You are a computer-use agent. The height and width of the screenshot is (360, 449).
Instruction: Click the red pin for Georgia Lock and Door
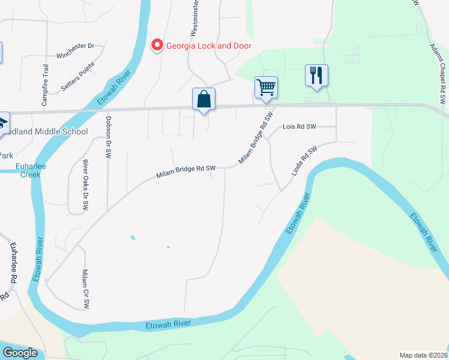pos(157,45)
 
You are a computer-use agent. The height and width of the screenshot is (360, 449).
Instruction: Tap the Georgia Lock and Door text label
pos(209,46)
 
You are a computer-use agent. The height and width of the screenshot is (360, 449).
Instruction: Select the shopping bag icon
pos(203,99)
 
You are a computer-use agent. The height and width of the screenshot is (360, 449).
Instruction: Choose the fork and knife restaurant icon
pos(316,76)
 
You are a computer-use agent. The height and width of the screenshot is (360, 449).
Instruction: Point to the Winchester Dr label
pos(76,50)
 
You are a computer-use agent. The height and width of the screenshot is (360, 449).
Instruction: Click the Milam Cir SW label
pos(85,289)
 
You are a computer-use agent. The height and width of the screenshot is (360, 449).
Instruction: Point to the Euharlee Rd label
pos(11,263)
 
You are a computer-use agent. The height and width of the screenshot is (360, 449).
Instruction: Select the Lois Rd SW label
pos(299,127)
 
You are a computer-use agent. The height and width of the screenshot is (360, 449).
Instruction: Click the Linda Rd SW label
pos(304,161)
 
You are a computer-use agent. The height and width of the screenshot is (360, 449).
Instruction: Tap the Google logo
pos(20,353)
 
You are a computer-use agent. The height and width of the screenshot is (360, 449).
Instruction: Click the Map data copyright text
pos(423,355)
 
